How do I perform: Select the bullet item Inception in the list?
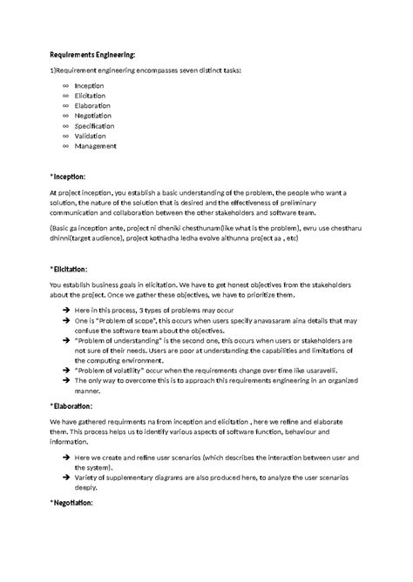[x=89, y=87]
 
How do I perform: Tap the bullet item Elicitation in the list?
[x=91, y=97]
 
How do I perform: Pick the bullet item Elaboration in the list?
[x=92, y=106]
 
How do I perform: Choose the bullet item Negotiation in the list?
[x=93, y=116]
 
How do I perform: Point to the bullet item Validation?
[x=91, y=136]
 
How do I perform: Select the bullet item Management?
[x=95, y=146]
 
